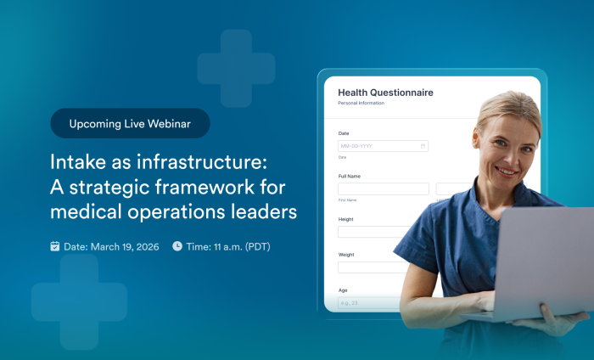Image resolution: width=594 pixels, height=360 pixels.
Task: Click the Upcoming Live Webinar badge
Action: click(130, 123)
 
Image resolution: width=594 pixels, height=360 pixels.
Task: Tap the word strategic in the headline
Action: click(120, 186)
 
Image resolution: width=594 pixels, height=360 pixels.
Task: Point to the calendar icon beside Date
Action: click(55, 246)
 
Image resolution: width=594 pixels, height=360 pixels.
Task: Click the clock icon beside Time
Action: click(177, 246)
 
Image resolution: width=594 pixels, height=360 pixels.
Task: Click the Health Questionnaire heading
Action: click(385, 93)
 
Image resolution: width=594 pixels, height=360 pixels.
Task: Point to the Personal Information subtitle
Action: click(361, 104)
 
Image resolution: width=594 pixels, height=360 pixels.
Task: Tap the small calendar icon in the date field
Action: click(423, 146)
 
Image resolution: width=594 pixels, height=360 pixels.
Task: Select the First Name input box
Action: click(383, 189)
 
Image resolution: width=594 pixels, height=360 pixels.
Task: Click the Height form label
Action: click(346, 219)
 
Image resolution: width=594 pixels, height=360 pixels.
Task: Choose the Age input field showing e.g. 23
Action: click(365, 302)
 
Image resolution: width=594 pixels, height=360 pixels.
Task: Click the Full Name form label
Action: click(350, 176)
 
